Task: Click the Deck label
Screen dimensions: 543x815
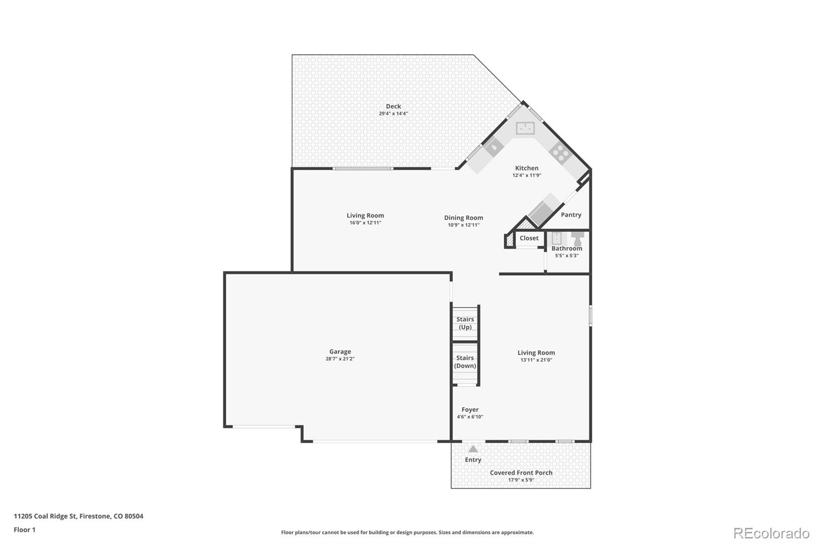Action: [x=393, y=106]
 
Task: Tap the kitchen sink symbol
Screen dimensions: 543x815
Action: [x=525, y=128]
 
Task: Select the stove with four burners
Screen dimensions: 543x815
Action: [x=559, y=153]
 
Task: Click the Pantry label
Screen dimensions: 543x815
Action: [x=571, y=215]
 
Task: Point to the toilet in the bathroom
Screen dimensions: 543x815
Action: [x=578, y=238]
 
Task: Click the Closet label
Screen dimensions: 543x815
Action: [x=529, y=238]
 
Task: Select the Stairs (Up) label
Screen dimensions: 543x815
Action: [x=465, y=323]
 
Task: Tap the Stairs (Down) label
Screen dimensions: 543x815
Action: [x=465, y=362]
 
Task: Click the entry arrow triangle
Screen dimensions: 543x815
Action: [x=473, y=449]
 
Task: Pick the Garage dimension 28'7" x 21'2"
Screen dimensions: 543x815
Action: [x=340, y=359]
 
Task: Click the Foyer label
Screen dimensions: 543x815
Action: [x=470, y=410]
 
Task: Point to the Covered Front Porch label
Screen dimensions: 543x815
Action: [x=521, y=473]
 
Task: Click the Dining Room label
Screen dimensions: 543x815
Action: [x=464, y=218]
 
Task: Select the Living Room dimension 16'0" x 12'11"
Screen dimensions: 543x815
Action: [x=365, y=223]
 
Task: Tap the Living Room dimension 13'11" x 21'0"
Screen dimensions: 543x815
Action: [x=536, y=360]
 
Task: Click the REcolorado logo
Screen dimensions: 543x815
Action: [x=771, y=533]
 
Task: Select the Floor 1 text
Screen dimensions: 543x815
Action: [x=24, y=530]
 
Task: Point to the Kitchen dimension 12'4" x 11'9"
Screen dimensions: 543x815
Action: [x=527, y=175]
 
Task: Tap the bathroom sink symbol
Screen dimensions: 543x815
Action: [x=557, y=238]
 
